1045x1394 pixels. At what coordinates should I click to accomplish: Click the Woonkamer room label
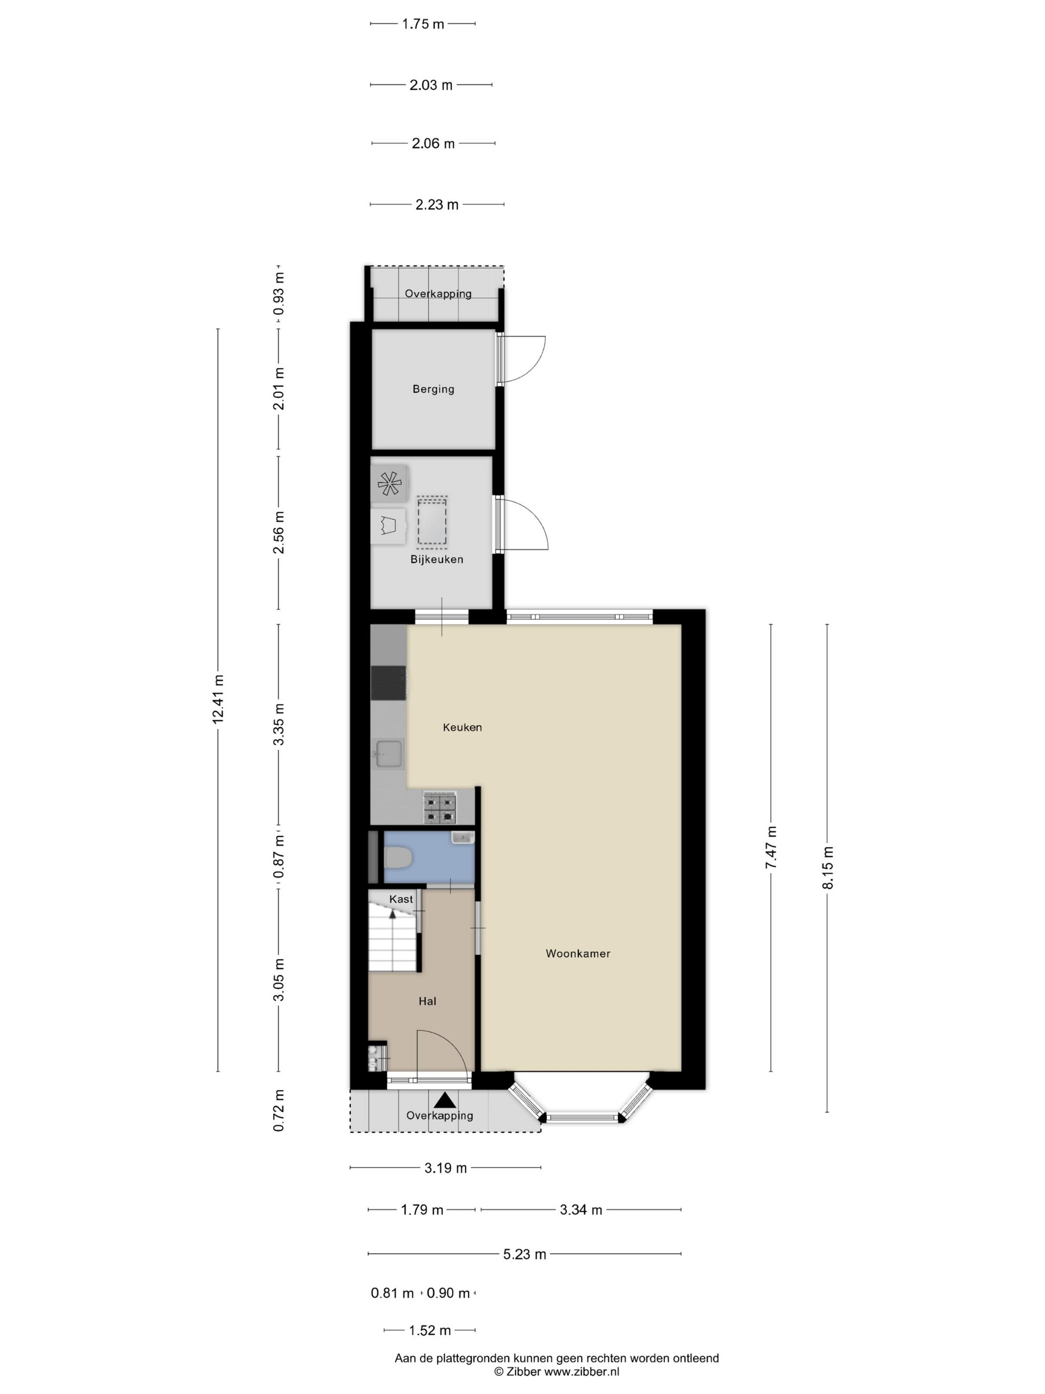click(x=578, y=953)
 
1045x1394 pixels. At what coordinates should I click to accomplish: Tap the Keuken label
click(x=462, y=727)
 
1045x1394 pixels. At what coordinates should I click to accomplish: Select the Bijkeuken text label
click(x=436, y=560)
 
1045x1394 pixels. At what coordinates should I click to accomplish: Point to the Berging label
click(x=433, y=389)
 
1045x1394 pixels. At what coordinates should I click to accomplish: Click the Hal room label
click(x=427, y=1001)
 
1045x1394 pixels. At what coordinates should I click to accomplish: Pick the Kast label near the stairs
click(x=401, y=899)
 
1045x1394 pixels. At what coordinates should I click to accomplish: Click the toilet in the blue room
click(x=398, y=857)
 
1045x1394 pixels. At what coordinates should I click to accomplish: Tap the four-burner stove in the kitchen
click(x=439, y=809)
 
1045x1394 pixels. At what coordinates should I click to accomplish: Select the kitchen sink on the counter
click(x=389, y=754)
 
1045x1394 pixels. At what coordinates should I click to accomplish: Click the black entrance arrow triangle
click(x=445, y=1100)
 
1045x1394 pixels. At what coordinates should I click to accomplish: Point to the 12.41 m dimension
click(x=218, y=699)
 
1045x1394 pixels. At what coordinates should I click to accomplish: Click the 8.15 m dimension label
click(x=828, y=868)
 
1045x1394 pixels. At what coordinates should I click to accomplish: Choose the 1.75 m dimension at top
click(x=423, y=24)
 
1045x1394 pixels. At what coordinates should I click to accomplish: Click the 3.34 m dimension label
click(x=581, y=1209)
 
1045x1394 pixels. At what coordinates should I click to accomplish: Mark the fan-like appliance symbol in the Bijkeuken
click(x=389, y=484)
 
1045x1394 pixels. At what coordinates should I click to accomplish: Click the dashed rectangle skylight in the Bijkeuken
click(x=432, y=521)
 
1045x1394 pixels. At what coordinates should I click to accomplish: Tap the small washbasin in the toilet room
click(x=462, y=837)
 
